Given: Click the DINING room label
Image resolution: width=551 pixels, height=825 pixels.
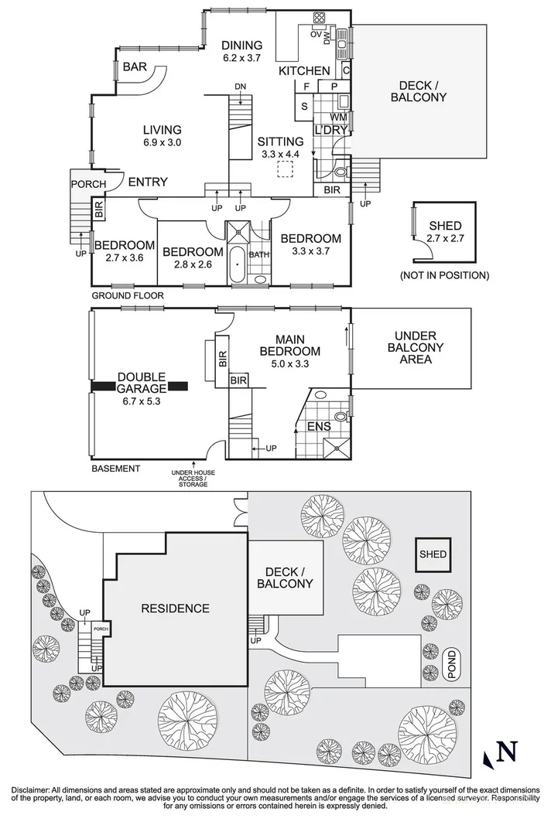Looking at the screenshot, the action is pyautogui.click(x=241, y=46).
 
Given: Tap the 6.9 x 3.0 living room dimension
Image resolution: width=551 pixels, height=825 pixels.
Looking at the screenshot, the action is pyautogui.click(x=163, y=142).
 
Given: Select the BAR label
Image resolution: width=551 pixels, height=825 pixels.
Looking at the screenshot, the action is pyautogui.click(x=135, y=67).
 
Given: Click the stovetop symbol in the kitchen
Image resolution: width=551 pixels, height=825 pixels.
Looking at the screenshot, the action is pyautogui.click(x=319, y=18).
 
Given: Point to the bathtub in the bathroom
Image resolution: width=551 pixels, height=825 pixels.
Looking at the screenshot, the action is pyautogui.click(x=238, y=264).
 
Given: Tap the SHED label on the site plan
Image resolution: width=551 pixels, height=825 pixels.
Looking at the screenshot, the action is pyautogui.click(x=433, y=554).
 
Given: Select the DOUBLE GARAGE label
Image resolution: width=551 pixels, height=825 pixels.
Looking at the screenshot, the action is pyautogui.click(x=141, y=383).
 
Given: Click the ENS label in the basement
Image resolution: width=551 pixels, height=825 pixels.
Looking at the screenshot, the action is pyautogui.click(x=320, y=426).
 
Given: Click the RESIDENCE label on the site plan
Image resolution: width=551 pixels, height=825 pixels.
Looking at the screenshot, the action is pyautogui.click(x=176, y=609).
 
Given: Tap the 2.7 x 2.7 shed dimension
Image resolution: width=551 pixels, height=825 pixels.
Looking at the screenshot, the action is pyautogui.click(x=445, y=238).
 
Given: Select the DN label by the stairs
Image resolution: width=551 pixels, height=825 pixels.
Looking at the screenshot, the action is pyautogui.click(x=240, y=87).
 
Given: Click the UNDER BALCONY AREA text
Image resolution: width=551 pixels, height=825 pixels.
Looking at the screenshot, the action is pyautogui.click(x=416, y=347).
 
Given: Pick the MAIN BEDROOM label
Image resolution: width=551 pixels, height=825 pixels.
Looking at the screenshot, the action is pyautogui.click(x=290, y=345).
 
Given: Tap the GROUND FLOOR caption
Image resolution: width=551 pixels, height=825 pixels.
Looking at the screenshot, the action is pyautogui.click(x=128, y=295).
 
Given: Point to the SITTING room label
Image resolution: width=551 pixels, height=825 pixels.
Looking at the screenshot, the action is pyautogui.click(x=280, y=141).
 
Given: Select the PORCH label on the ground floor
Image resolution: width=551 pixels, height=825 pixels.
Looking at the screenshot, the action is pyautogui.click(x=88, y=184).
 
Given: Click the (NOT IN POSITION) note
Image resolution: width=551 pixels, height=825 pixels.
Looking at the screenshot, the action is pyautogui.click(x=445, y=275).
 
